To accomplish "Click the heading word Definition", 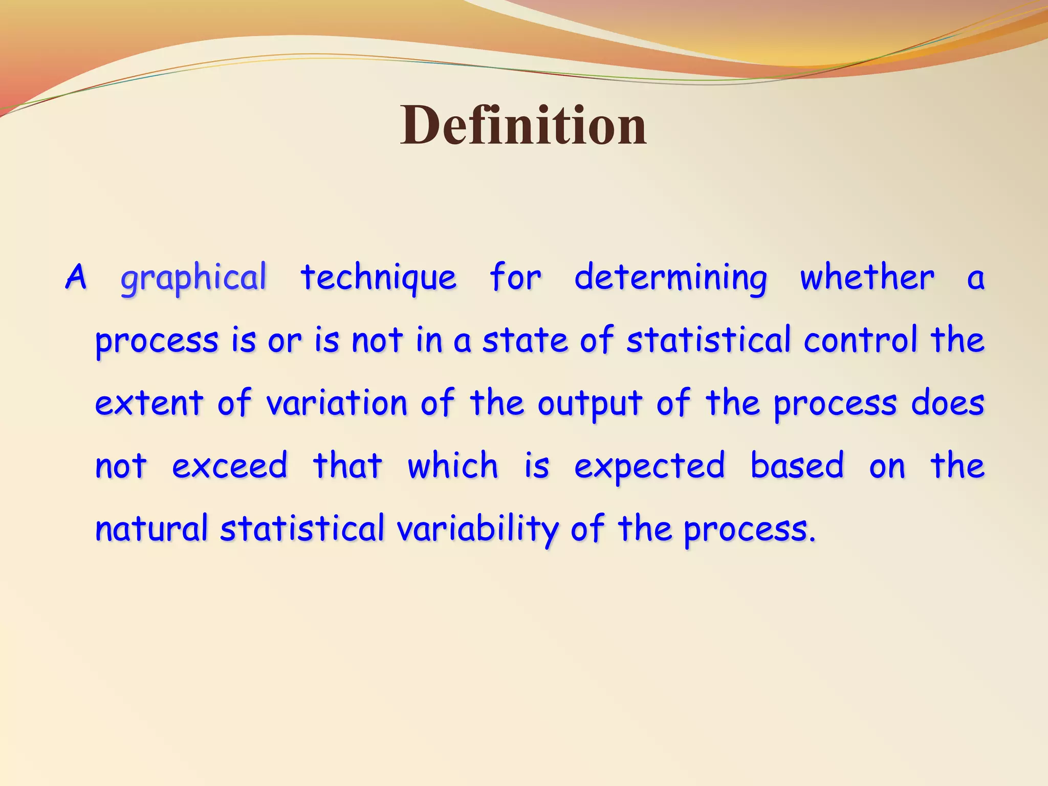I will [x=523, y=125].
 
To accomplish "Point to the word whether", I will [x=867, y=278].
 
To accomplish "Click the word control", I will [x=860, y=340].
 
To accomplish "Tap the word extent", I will [x=149, y=404].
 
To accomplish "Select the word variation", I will [x=337, y=404].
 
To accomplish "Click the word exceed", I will [x=229, y=466].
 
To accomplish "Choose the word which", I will [x=452, y=466].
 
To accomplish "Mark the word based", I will [x=797, y=466].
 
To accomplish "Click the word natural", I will [x=151, y=529].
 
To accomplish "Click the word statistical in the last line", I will [x=302, y=529].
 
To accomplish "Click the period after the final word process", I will [x=812, y=539].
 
